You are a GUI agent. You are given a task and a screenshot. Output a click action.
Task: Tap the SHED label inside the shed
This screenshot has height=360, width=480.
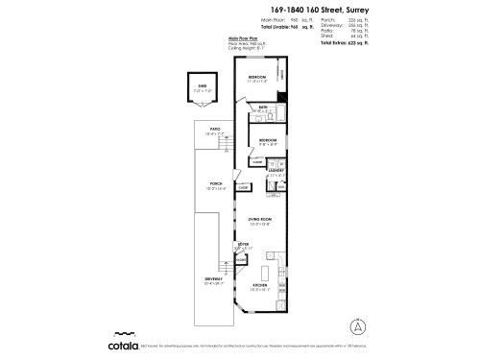pos(203,85)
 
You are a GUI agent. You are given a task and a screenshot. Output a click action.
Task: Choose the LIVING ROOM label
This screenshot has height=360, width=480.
pos(260,220)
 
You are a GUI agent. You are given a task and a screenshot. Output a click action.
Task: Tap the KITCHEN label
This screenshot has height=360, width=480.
pos(260,285)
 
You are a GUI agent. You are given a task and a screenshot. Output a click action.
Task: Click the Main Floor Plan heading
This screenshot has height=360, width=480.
pos(245,37)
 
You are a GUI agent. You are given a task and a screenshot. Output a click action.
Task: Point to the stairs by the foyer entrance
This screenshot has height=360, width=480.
pos(231,256)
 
